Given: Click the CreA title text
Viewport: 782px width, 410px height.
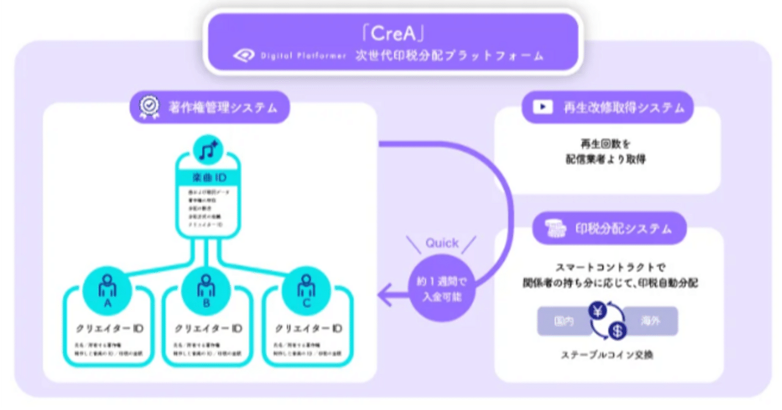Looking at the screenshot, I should click(x=391, y=31).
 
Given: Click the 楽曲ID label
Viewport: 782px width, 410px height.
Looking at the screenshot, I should click(x=208, y=178).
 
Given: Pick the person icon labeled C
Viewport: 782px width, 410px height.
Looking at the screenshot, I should click(x=305, y=286).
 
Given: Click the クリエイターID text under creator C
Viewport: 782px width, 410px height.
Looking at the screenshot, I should click(x=307, y=329).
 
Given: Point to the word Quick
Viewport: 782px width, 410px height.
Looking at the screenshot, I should click(x=442, y=243).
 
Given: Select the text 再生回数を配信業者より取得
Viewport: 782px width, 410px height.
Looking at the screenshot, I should click(x=605, y=152).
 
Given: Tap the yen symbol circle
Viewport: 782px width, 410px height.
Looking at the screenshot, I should click(x=597, y=311).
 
